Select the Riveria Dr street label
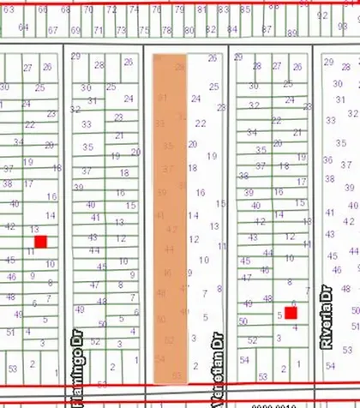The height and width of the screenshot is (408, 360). click(x=326, y=317)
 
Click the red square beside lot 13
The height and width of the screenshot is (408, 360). click(x=40, y=243)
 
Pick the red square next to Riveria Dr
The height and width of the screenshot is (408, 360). click(x=291, y=313)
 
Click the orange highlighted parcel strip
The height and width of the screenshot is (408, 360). click(x=170, y=214)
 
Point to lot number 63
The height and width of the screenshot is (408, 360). click(x=9, y=10)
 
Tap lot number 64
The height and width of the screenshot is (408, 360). click(x=24, y=27)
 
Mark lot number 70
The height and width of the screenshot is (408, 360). click(x=88, y=10)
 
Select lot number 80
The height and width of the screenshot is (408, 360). click(x=185, y=31)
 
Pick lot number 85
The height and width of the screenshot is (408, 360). click(x=246, y=10)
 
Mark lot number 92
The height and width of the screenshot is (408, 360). click(x=321, y=15)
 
